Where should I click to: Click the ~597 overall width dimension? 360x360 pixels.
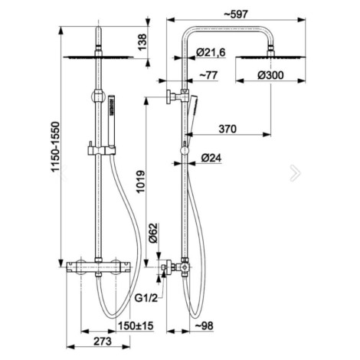(x=236, y=15)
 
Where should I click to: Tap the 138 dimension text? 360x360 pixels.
(x=142, y=42)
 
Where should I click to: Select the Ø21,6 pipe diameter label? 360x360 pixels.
(x=211, y=52)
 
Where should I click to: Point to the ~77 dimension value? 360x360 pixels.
(x=208, y=75)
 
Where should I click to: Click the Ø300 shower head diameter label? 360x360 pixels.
(x=270, y=75)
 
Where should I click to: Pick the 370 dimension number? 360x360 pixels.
(x=227, y=129)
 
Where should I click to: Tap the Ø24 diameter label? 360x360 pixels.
(x=211, y=158)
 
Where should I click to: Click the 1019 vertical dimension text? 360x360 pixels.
(x=140, y=182)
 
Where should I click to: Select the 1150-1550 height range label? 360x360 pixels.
(x=55, y=147)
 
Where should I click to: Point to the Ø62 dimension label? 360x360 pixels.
(x=153, y=233)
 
